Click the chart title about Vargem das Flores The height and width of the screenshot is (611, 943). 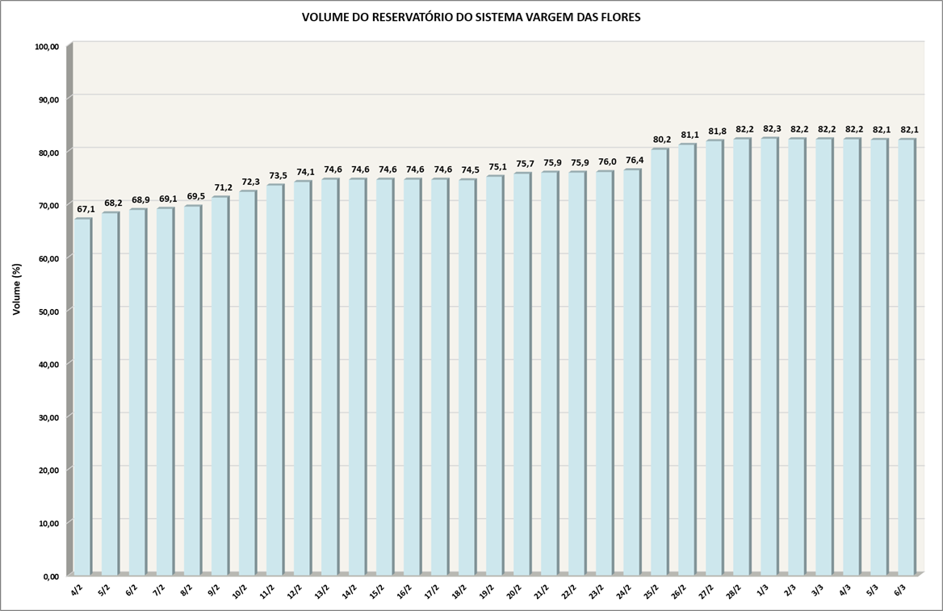tap(471, 17)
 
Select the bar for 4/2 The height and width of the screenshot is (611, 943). tap(82, 395)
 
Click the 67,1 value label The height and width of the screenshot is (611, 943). tap(86, 209)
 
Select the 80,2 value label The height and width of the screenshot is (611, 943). tap(661, 140)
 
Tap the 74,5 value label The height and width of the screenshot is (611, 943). tap(469, 169)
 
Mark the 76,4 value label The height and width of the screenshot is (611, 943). tap(634, 160)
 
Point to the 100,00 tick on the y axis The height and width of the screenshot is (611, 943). tap(48, 47)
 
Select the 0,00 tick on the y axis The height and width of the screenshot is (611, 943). tap(51, 575)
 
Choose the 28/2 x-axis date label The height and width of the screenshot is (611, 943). tap(735, 591)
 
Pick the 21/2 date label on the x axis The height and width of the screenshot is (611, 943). tap(543, 591)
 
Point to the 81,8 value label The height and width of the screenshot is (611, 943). tap(716, 132)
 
